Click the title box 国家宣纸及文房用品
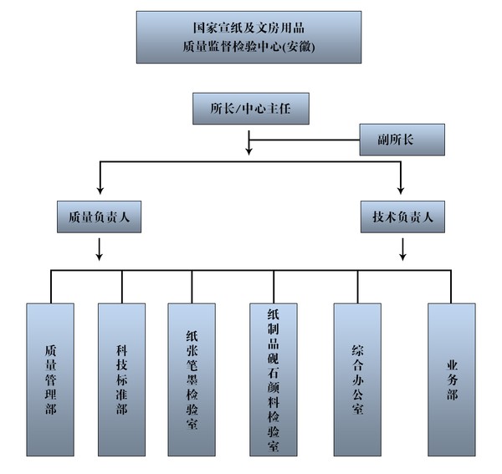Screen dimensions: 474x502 coord(248,38)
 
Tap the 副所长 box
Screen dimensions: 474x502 coord(402,140)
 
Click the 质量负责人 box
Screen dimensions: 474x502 coord(99,217)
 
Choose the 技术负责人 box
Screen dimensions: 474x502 coord(402,217)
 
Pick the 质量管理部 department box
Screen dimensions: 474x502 coord(50,380)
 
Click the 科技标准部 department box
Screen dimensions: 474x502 coord(122,380)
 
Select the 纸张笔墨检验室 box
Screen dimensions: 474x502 coord(192,380)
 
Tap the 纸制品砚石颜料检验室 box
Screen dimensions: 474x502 coord(273,380)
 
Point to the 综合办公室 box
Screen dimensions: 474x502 coord(357,380)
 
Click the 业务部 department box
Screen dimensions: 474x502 coord(452,380)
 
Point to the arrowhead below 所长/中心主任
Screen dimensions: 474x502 coord(248,150)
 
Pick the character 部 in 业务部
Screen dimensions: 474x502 coord(452,394)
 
